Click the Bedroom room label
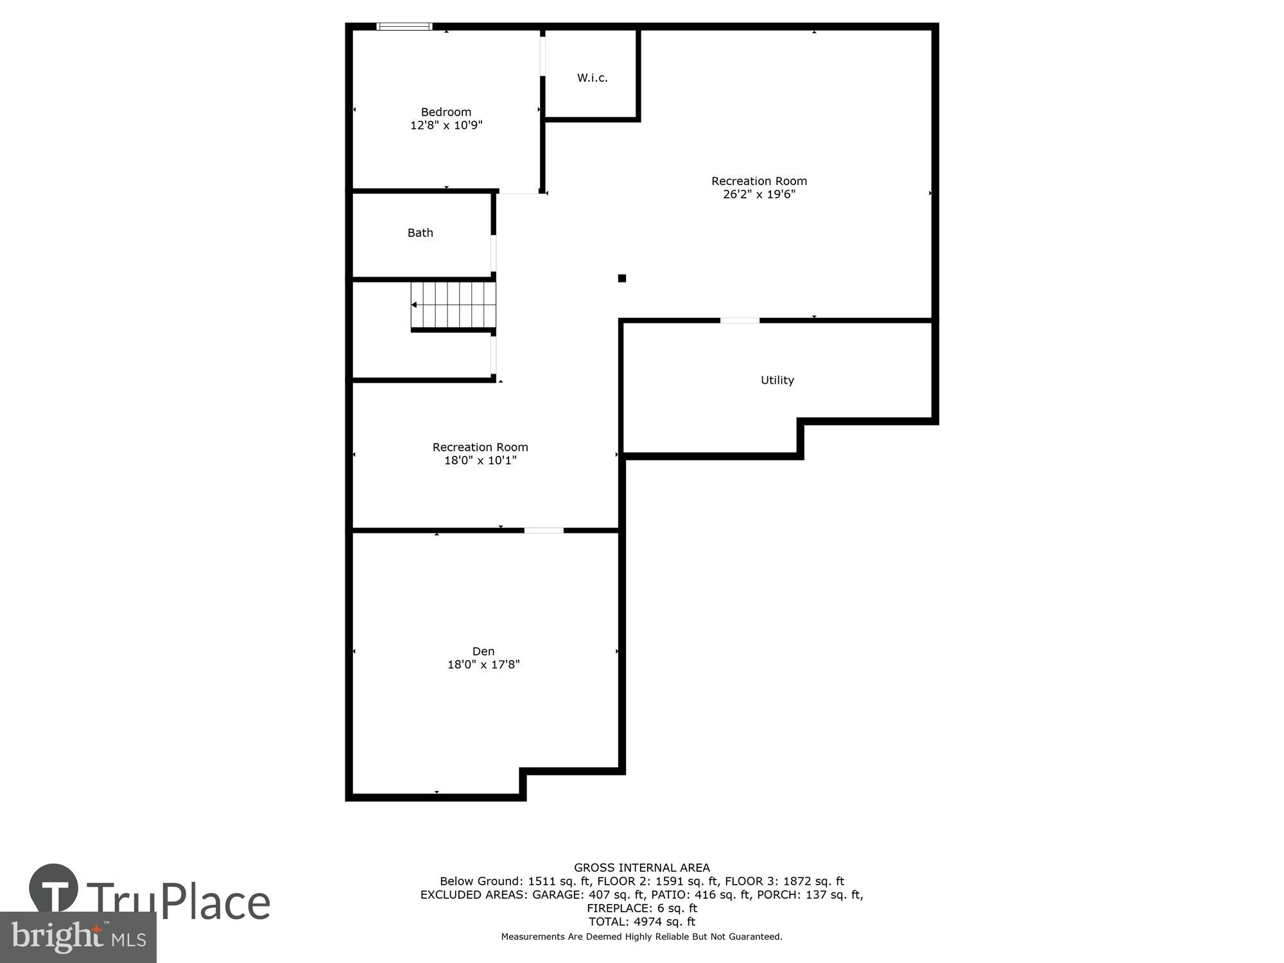click(446, 112)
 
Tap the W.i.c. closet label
click(592, 78)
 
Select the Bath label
click(420, 233)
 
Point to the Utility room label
click(777, 380)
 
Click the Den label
click(483, 651)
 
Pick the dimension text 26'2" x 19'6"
click(759, 195)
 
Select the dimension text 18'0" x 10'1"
click(480, 460)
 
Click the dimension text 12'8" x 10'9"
click(446, 125)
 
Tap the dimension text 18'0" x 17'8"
click(483, 664)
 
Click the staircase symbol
click(453, 305)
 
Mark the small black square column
click(621, 278)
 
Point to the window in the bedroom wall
click(404, 26)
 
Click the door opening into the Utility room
click(739, 320)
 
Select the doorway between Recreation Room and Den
click(543, 530)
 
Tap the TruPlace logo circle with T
click(54, 889)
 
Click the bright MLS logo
click(78, 937)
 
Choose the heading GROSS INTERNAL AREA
click(641, 867)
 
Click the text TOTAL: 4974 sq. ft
click(641, 921)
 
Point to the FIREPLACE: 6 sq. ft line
click(641, 908)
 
